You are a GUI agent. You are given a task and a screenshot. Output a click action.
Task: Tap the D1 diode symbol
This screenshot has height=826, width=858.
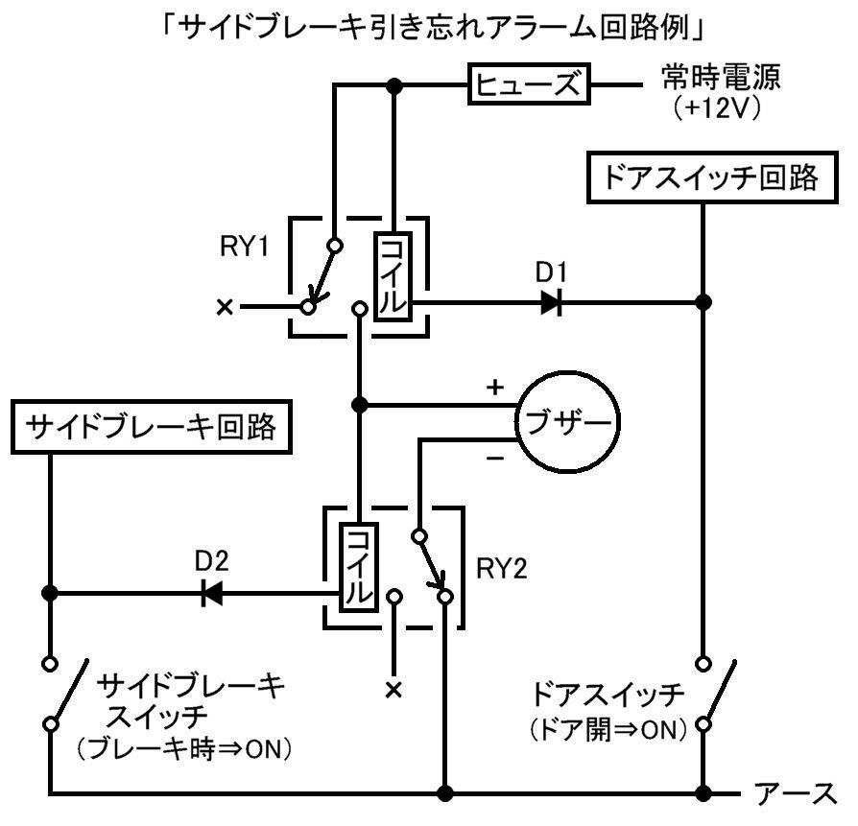pos(552,302)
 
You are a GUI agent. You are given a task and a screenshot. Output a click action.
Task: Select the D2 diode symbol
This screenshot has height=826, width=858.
pos(212,593)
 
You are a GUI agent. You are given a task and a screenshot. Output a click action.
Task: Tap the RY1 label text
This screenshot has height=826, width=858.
pos(244,247)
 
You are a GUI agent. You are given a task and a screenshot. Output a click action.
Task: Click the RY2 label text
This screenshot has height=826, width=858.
pos(502,569)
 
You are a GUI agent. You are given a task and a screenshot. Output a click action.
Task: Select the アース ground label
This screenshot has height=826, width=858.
pos(796,793)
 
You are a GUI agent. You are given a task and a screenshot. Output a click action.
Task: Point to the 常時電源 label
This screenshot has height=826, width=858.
pos(721,77)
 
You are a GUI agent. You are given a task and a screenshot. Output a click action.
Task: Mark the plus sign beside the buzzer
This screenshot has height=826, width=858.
pos(494,388)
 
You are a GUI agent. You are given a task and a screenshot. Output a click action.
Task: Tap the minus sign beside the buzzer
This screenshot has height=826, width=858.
pos(495,459)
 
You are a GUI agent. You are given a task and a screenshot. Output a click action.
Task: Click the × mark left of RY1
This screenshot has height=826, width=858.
pos(225,307)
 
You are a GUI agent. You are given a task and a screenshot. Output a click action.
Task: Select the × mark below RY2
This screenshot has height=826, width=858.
pos(394,690)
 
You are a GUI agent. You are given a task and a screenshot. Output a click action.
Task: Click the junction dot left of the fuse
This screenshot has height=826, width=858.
pos(394,85)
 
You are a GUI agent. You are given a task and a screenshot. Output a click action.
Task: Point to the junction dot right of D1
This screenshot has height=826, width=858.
pos(703,302)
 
